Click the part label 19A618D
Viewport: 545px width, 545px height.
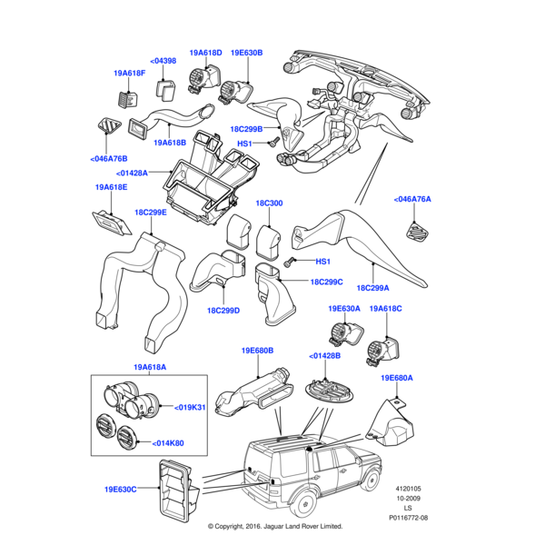pos(206,54)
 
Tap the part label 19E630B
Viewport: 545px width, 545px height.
pos(246,54)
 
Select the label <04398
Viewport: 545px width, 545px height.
pos(163,61)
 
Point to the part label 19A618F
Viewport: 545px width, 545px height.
pos(130,73)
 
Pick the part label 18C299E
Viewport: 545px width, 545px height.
pos(151,213)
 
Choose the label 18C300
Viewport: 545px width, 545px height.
pos(269,203)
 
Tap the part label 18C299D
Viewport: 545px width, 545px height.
pos(223,311)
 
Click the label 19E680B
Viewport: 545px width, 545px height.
pos(257,350)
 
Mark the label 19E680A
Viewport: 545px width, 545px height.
pos(397,377)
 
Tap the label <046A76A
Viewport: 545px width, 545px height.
pos(412,199)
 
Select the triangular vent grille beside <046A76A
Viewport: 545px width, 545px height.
pos(419,232)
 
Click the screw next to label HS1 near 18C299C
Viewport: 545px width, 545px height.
pos(290,263)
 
